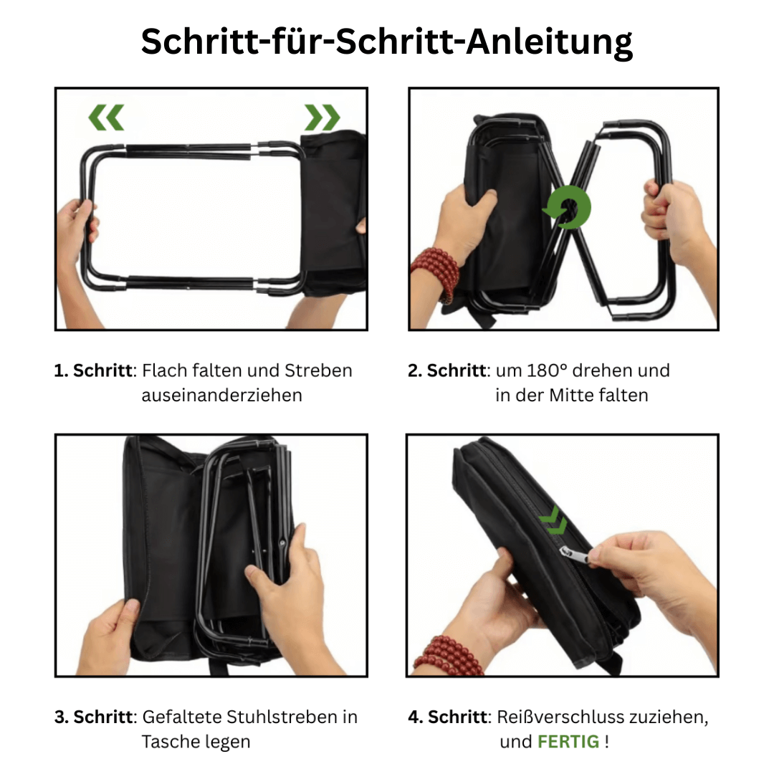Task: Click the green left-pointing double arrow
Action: point(107,118)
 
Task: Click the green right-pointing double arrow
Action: point(322,118)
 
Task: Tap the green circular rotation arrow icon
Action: point(567,209)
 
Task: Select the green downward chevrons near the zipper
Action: point(554,522)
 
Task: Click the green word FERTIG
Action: point(568,742)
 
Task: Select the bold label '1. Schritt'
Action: point(94,371)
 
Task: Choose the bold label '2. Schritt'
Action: point(447,371)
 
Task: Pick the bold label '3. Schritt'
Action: point(94,717)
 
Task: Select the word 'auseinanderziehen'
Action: point(221,395)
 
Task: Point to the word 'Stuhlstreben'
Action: point(282,717)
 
